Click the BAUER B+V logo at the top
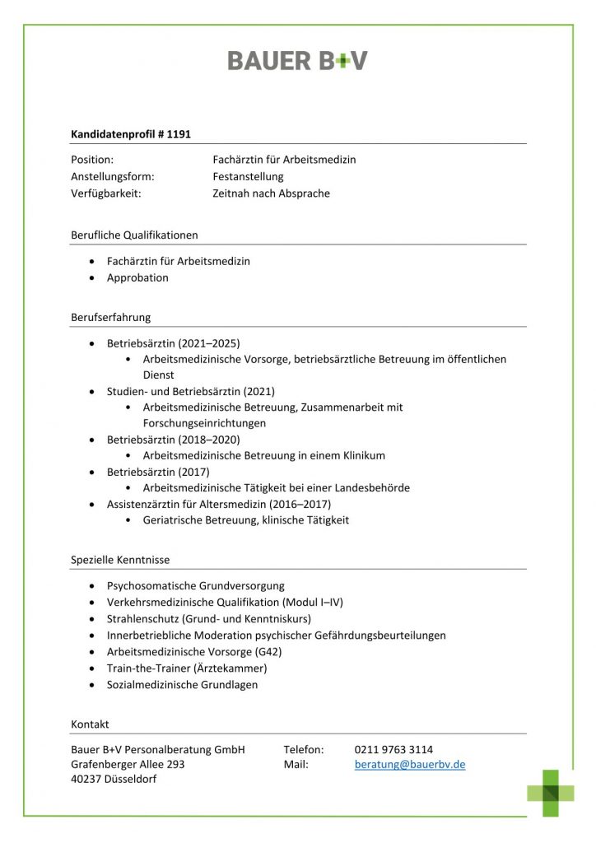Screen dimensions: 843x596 [297, 60]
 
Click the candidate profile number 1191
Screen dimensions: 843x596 [179, 133]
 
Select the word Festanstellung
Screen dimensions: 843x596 [248, 176]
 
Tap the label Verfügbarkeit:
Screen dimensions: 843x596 [106, 193]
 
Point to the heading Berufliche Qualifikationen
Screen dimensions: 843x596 [134, 235]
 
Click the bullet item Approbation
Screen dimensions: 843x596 [137, 277]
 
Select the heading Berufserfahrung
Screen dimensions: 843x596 [111, 317]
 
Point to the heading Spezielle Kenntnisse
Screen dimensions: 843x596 [120, 560]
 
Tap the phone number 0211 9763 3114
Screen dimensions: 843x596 [393, 749]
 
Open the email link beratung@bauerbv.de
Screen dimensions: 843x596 [410, 764]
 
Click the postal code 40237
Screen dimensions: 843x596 [87, 779]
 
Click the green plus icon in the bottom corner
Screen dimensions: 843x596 [552, 793]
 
